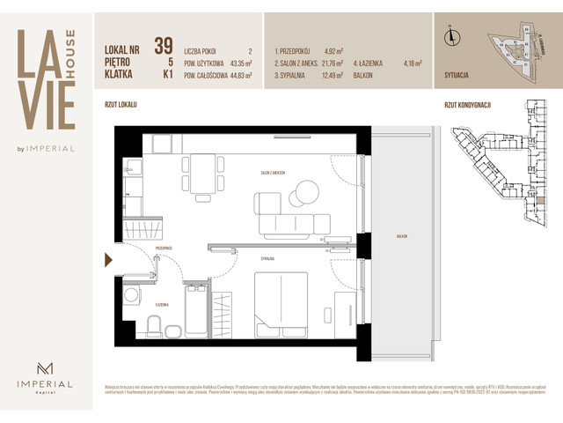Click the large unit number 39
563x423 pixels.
click(x=163, y=46)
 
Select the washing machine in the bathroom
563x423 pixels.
click(x=133, y=295)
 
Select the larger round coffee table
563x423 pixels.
click(x=308, y=189)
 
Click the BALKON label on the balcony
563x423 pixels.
click(x=401, y=237)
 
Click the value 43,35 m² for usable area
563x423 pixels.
click(x=237, y=63)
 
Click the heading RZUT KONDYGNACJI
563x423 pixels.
click(x=468, y=105)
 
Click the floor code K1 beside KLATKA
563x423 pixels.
click(x=165, y=76)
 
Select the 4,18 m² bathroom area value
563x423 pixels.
click(x=412, y=63)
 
